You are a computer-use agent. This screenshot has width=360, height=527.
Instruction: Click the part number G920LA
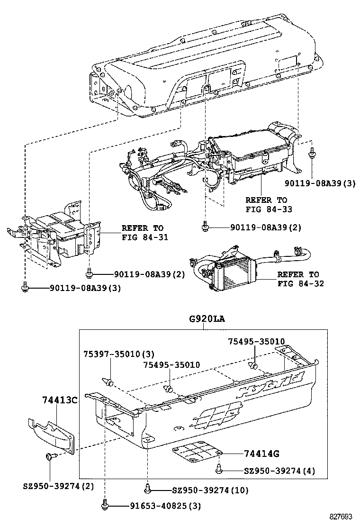207,319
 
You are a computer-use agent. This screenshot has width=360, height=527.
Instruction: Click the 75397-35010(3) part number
112,354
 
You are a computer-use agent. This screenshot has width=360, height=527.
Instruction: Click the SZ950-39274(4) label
279,471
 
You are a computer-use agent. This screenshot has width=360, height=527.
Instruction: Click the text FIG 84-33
269,209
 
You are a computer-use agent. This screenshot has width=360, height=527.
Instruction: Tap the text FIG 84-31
145,237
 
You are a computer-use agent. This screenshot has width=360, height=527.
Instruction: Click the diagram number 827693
342,517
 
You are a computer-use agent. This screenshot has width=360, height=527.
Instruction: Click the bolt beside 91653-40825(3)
105,505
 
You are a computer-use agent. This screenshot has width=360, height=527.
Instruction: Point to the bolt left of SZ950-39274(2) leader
50,456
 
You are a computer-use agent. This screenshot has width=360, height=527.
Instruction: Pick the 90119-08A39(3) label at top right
326,182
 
